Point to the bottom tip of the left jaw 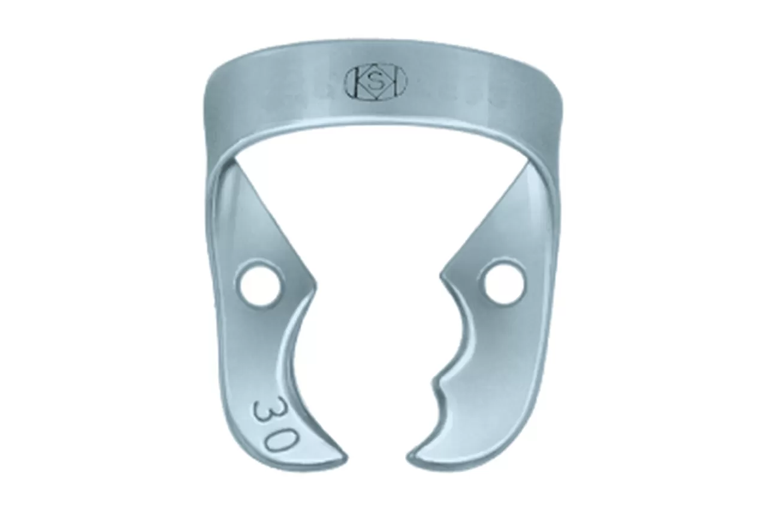pyautogui.click(x=346, y=458)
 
